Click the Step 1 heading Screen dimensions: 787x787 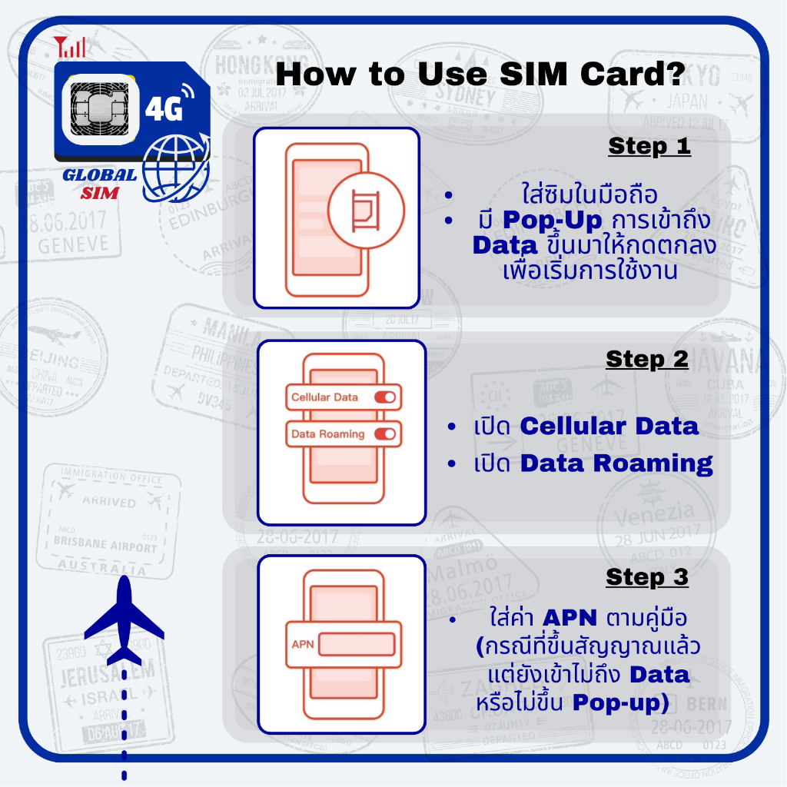pyautogui.click(x=649, y=146)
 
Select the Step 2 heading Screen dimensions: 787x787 pyautogui.click(x=647, y=359)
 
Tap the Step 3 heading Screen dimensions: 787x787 pyautogui.click(x=647, y=576)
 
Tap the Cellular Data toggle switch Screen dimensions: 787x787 pyautogui.click(x=384, y=397)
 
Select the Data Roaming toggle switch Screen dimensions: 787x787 pyautogui.click(x=384, y=434)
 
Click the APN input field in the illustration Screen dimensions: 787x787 pyautogui.click(x=357, y=643)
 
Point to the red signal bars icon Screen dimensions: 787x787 pyautogui.click(x=71, y=47)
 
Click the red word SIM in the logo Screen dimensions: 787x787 pyautogui.click(x=100, y=194)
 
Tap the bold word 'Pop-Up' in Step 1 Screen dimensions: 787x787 pyautogui.click(x=544, y=221)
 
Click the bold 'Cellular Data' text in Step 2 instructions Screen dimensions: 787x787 pyautogui.click(x=609, y=426)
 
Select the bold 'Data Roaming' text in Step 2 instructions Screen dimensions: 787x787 pyautogui.click(x=616, y=463)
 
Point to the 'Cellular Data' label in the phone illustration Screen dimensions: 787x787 pyautogui.click(x=324, y=397)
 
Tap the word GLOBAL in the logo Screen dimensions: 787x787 pyautogui.click(x=99, y=175)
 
